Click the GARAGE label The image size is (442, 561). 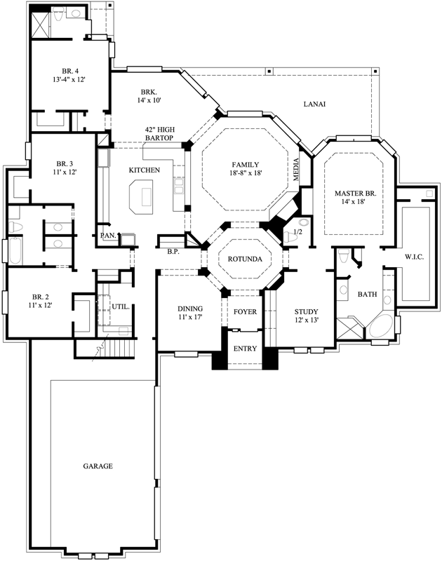[98, 466]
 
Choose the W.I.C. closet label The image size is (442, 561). [415, 256]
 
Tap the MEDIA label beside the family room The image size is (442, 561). [295, 169]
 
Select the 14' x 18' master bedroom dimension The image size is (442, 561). [355, 202]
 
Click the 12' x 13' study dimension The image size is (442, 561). [306, 321]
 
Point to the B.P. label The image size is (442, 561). [173, 251]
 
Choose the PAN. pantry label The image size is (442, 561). [107, 236]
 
